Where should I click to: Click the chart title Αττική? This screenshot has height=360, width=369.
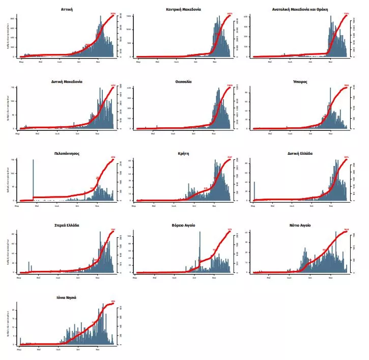pos(66,9)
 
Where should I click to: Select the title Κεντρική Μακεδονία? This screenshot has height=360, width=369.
pos(183,9)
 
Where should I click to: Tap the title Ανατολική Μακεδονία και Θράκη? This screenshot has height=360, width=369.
pos(300,9)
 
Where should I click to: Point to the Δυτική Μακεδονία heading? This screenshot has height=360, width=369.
pos(67,81)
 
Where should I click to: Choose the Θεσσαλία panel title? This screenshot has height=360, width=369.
pos(183,81)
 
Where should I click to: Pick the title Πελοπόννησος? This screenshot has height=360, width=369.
pos(67,153)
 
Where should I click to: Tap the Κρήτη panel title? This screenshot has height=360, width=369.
pos(183,153)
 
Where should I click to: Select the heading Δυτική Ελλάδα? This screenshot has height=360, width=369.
pos(300,153)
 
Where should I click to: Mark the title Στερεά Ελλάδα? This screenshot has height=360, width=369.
pos(67,225)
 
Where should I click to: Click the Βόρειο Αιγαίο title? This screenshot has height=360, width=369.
pos(183,225)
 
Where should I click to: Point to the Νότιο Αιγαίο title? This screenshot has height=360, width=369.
pos(300,225)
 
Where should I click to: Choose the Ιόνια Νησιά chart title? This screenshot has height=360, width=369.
pos(67,297)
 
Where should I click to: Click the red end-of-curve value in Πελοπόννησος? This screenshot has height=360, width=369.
pos(113,157)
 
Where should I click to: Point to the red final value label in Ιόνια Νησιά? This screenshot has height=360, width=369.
pos(113,301)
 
